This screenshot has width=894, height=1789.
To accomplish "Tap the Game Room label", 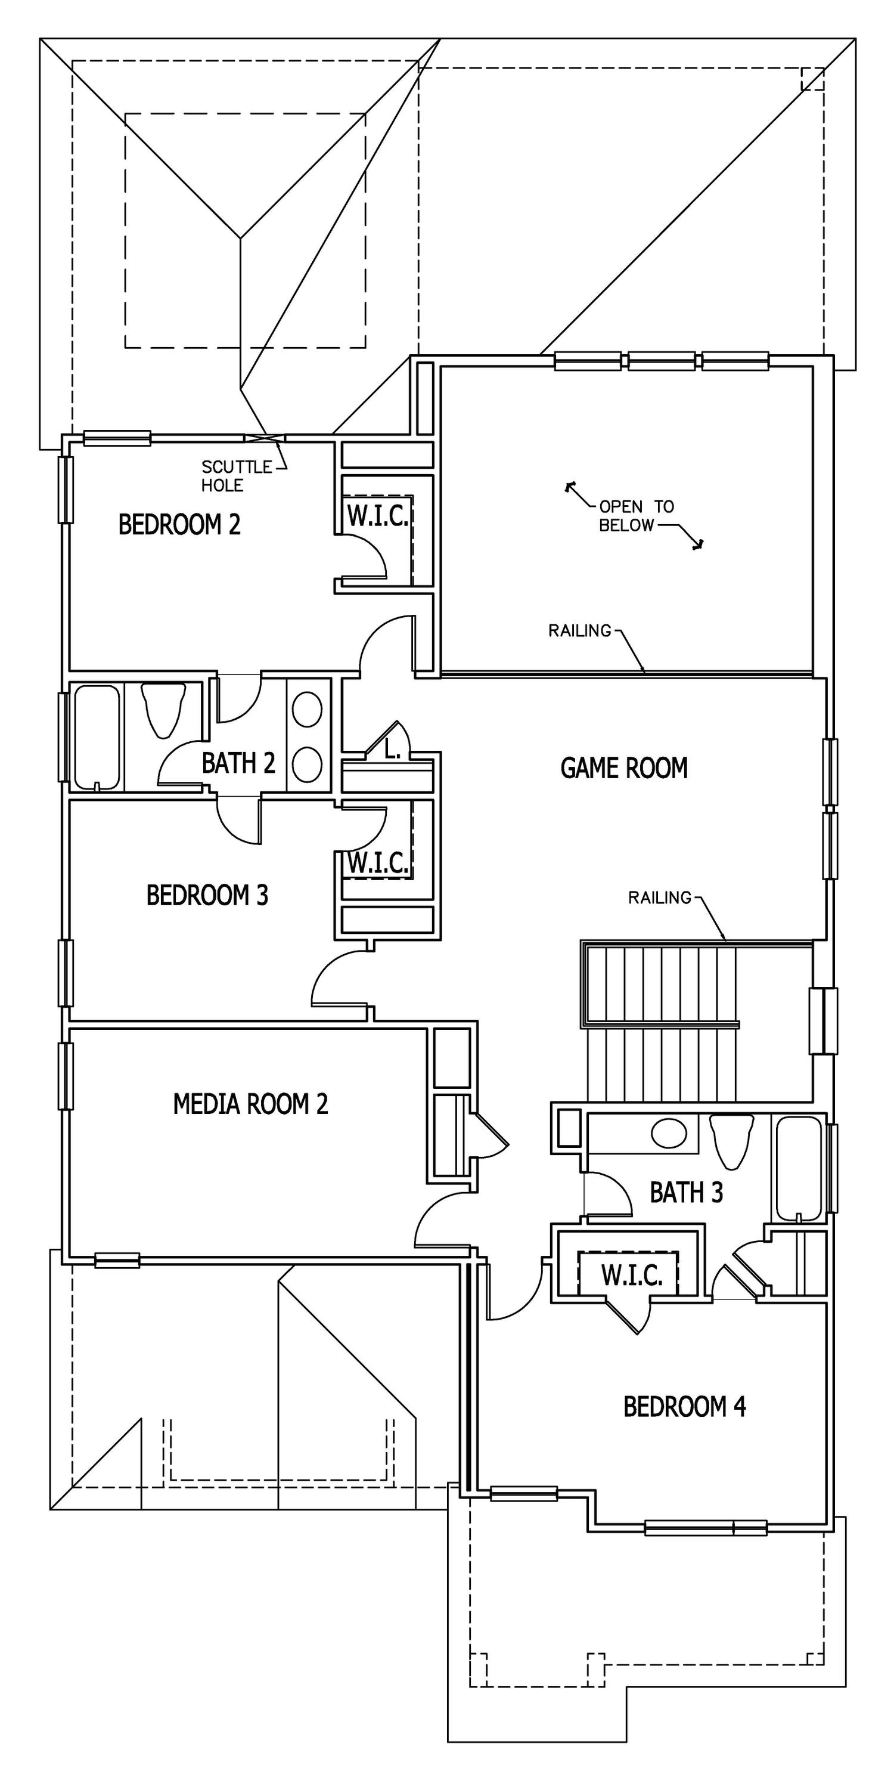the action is pyautogui.click(x=624, y=767).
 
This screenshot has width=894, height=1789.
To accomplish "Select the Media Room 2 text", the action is pyautogui.click(x=250, y=1104).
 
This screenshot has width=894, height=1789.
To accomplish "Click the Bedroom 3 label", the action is pyautogui.click(x=207, y=895).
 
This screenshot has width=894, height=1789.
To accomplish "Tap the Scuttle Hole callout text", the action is pyautogui.click(x=237, y=476).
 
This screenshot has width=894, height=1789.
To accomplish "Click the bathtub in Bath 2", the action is pyautogui.click(x=97, y=738).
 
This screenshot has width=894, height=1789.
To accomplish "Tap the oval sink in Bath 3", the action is pyautogui.click(x=669, y=1132).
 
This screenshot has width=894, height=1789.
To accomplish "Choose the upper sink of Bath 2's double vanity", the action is pyautogui.click(x=307, y=710).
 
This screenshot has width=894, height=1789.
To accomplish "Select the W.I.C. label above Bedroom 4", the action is pyautogui.click(x=632, y=1274).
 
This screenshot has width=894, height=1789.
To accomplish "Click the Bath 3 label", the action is pyautogui.click(x=687, y=1193).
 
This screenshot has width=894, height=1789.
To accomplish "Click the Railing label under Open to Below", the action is pyautogui.click(x=579, y=630).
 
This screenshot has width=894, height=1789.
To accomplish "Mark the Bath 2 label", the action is pyautogui.click(x=238, y=763).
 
